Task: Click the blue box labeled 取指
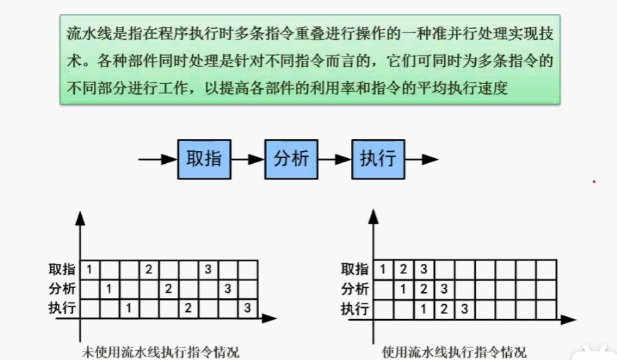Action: pyautogui.click(x=203, y=159)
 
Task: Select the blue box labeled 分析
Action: pyautogui.click(x=291, y=159)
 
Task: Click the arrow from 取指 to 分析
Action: pyautogui.click(x=247, y=160)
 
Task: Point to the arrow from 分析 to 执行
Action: pyautogui.click(x=335, y=160)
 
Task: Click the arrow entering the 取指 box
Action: pyautogui.click(x=157, y=160)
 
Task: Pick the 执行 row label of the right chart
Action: pyautogui.click(x=355, y=308)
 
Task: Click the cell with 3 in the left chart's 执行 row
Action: pyautogui.click(x=247, y=308)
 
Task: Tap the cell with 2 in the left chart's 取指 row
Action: pyautogui.click(x=148, y=270)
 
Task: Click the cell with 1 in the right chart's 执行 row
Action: pyautogui.click(x=423, y=308)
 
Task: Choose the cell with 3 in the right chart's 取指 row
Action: pyautogui.click(x=423, y=270)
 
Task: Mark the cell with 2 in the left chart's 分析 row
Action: pyautogui.click(x=168, y=289)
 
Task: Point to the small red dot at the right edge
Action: pyautogui.click(x=594, y=181)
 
